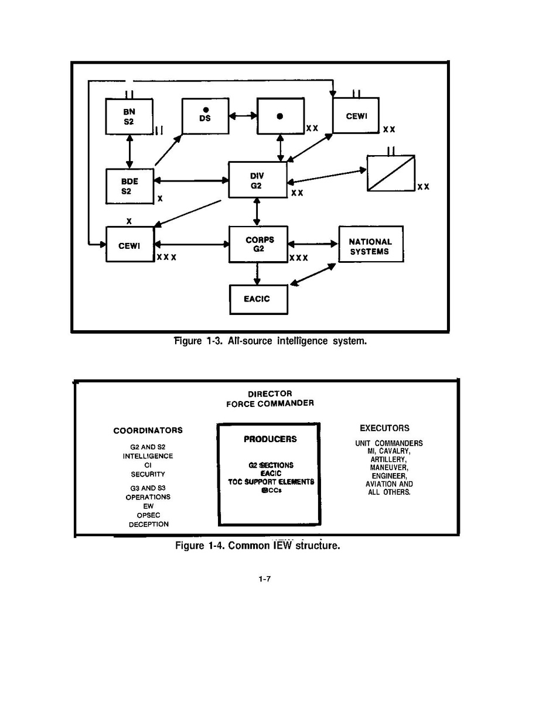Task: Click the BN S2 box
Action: click(x=129, y=116)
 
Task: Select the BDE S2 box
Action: click(x=129, y=186)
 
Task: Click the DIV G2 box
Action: click(x=257, y=180)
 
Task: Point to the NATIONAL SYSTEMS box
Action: click(x=370, y=246)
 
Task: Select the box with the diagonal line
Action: click(x=391, y=173)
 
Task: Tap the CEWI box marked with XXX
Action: click(x=129, y=245)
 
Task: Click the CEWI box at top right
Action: click(x=356, y=116)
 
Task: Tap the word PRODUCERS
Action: click(x=270, y=439)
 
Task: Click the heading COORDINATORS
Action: click(x=148, y=430)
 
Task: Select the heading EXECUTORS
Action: click(x=384, y=428)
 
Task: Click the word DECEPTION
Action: click(x=149, y=524)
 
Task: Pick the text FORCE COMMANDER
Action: click(x=270, y=403)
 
